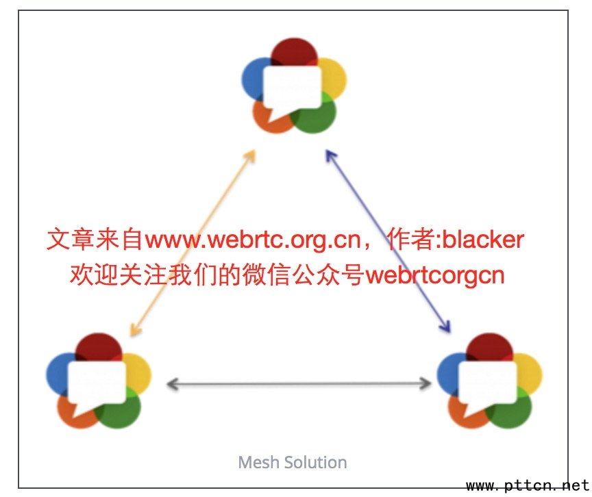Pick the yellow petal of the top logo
[x=334, y=75]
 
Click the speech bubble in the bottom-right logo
[x=486, y=382]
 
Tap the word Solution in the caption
[x=316, y=462]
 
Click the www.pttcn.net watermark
[x=527, y=486]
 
